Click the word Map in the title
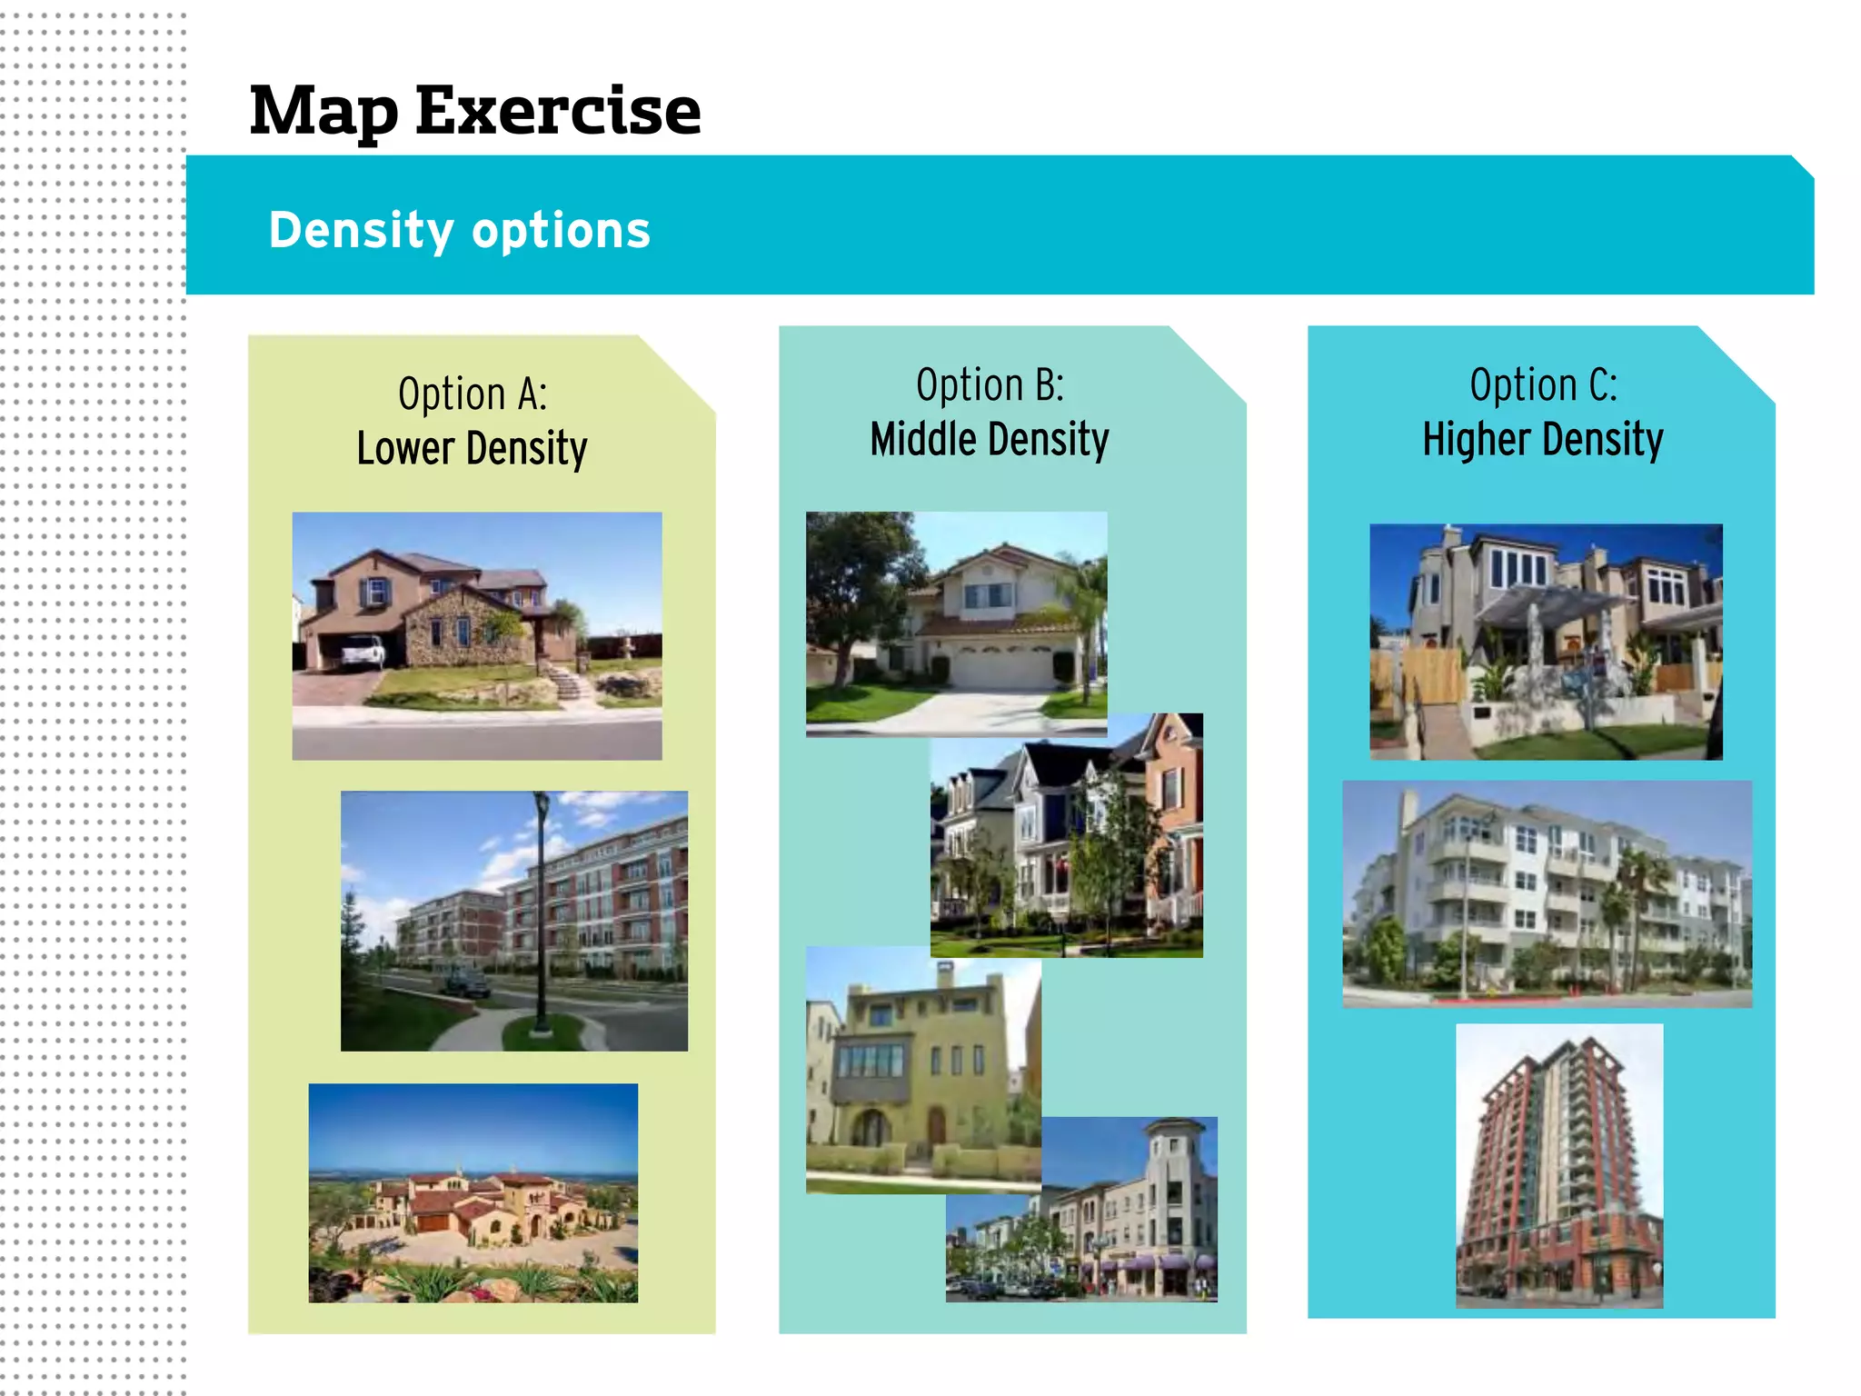pyautogui.click(x=323, y=111)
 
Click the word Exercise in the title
pyautogui.click(x=558, y=111)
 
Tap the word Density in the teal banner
pyautogui.click(x=361, y=230)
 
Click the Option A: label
pyautogui.click(x=473, y=394)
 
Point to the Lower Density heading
pyautogui.click(x=472, y=448)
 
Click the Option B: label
pyautogui.click(x=990, y=384)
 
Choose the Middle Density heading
pyautogui.click(x=990, y=440)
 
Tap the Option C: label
pyautogui.click(x=1543, y=384)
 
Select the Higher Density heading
pyautogui.click(x=1543, y=440)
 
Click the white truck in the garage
pyautogui.click(x=363, y=651)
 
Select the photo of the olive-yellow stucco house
pyautogui.click(x=922, y=1069)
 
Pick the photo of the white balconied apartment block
pyautogui.click(x=1547, y=894)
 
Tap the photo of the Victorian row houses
pyautogui.click(x=1066, y=835)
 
